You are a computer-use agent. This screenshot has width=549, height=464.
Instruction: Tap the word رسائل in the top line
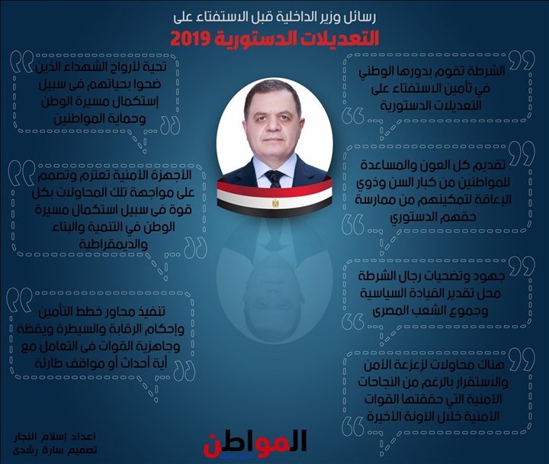[361, 18]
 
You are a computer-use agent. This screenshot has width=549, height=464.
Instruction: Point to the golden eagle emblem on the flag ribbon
[275, 203]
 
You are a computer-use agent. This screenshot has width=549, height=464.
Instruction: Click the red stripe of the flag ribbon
[274, 188]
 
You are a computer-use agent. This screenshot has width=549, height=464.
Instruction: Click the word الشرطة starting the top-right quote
[485, 71]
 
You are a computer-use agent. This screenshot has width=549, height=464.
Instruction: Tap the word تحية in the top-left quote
[154, 67]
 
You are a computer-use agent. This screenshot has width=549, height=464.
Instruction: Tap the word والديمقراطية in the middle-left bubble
[113, 244]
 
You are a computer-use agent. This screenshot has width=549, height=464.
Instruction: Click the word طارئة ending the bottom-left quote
[50, 363]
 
